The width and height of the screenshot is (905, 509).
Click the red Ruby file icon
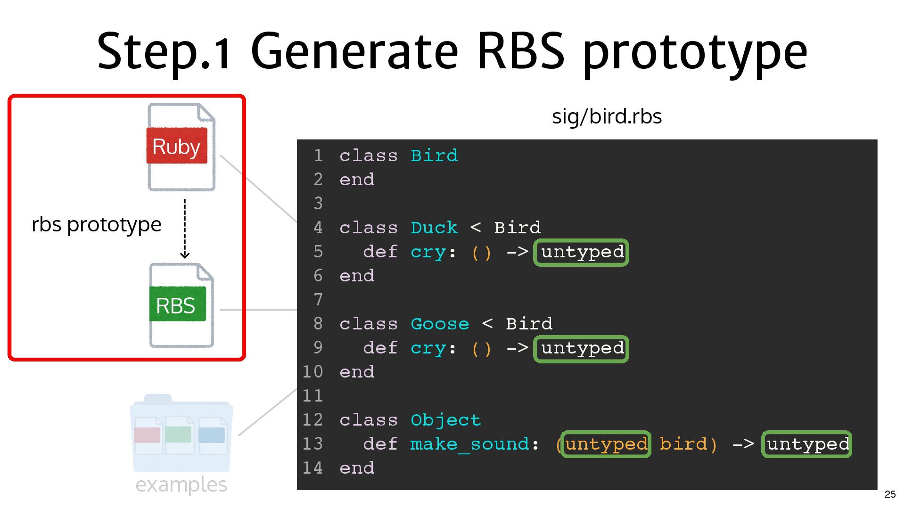pyautogui.click(x=181, y=147)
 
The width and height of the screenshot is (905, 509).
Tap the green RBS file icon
pyautogui.click(x=181, y=305)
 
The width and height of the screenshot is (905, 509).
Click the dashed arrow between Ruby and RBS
pyautogui.click(x=185, y=229)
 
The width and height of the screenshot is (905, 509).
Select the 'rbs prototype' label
pyautogui.click(x=97, y=224)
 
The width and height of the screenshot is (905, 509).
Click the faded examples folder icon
pyautogui.click(x=181, y=434)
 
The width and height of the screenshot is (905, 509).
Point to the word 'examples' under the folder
pyautogui.click(x=181, y=484)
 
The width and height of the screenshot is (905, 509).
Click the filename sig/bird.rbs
pyautogui.click(x=607, y=116)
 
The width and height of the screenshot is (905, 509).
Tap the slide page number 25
pyautogui.click(x=890, y=494)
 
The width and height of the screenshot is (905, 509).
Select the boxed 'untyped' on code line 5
pyautogui.click(x=581, y=252)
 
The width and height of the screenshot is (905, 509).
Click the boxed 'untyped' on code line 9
pyautogui.click(x=581, y=348)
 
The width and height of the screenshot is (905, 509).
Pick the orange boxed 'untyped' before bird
pyautogui.click(x=606, y=444)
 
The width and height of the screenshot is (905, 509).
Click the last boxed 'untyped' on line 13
pyautogui.click(x=807, y=444)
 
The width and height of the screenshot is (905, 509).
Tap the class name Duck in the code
pyautogui.click(x=434, y=228)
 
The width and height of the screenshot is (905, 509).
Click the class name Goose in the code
pyautogui.click(x=440, y=324)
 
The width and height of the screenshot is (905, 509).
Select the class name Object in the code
pyautogui.click(x=445, y=420)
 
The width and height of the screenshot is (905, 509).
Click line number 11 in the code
pyautogui.click(x=313, y=396)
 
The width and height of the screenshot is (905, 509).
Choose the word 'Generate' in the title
pyautogui.click(x=354, y=51)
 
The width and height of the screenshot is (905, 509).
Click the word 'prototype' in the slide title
pyautogui.click(x=695, y=51)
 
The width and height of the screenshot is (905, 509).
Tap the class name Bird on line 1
pyautogui.click(x=434, y=156)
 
